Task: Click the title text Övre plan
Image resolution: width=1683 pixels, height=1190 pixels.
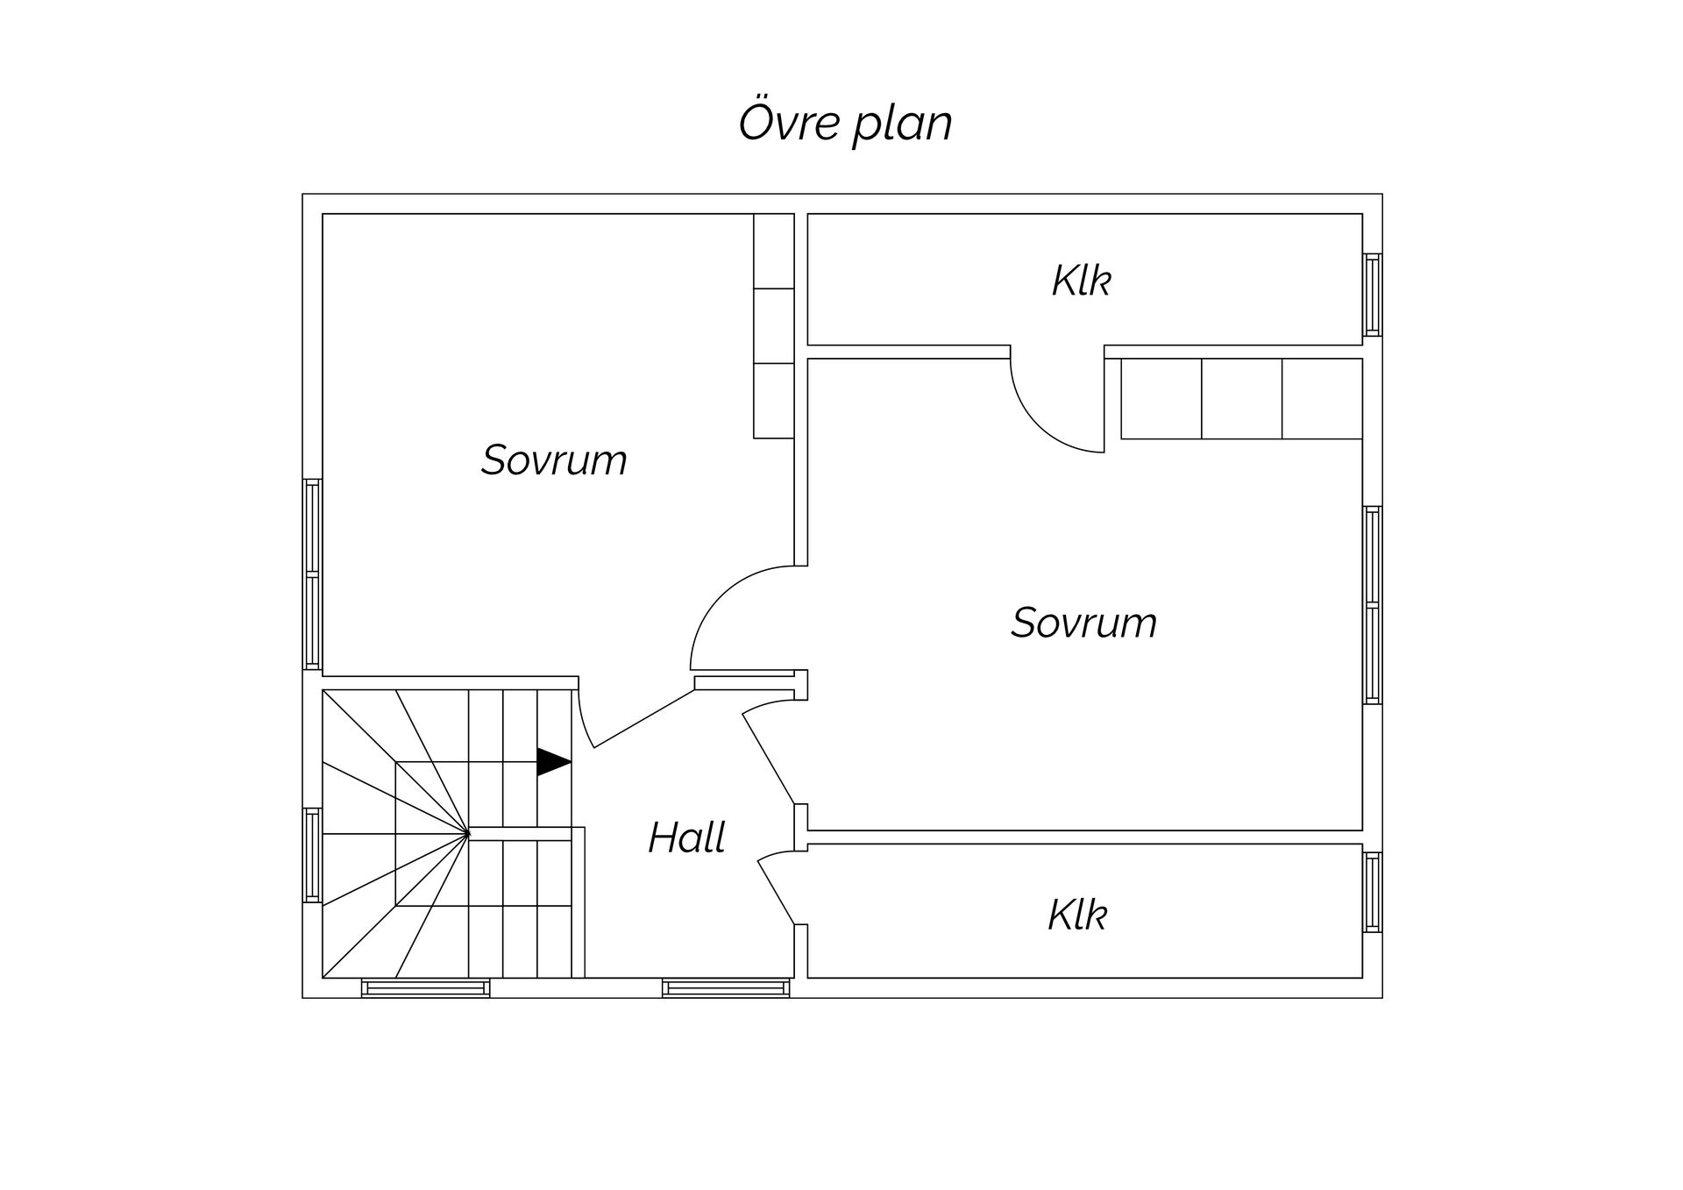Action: click(x=845, y=123)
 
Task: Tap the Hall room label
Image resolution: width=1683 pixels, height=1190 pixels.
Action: click(x=686, y=837)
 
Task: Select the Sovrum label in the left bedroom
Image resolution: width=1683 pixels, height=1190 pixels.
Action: click(x=554, y=460)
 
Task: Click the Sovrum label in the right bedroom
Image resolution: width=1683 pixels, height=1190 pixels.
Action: click(x=1083, y=623)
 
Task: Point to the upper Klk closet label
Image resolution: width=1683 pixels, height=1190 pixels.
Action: click(x=1081, y=281)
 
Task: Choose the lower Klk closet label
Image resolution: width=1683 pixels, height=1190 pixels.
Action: click(x=1077, y=915)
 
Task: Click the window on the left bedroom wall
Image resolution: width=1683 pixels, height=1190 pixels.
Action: click(x=312, y=574)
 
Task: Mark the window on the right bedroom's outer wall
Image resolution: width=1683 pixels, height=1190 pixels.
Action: click(x=1373, y=605)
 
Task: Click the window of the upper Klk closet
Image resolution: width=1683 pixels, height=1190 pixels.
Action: click(x=1373, y=295)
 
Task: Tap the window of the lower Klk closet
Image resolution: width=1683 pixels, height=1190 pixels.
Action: click(x=1373, y=892)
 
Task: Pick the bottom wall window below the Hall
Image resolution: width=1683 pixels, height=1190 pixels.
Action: click(x=726, y=988)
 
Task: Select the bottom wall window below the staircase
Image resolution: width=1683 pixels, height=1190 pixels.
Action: click(x=426, y=988)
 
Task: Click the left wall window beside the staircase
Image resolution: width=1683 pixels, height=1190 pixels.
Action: click(x=312, y=855)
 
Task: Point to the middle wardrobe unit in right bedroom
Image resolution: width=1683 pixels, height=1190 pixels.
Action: click(x=1241, y=398)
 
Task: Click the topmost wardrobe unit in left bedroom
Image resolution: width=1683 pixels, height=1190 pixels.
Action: click(x=774, y=251)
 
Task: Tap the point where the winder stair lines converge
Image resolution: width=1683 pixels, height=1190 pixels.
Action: click(x=469, y=832)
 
